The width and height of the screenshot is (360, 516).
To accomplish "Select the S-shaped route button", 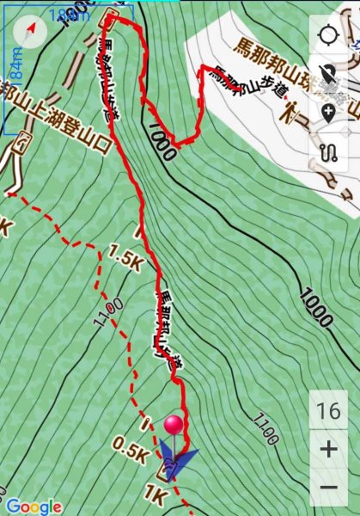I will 328,154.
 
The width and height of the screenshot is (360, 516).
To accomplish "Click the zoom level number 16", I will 328,411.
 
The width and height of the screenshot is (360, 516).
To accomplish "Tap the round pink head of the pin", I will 174,424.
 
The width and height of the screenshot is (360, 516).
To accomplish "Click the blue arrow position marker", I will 176,463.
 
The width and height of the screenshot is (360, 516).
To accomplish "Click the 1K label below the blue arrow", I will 155,496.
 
